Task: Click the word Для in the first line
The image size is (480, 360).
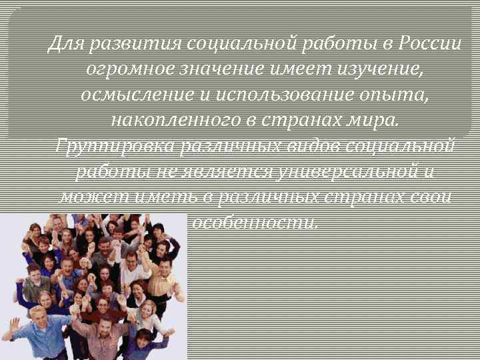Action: tap(65, 44)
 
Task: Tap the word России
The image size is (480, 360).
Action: tap(430, 44)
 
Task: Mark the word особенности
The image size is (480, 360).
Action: tap(255, 222)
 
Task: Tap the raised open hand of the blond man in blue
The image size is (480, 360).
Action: tap(14, 325)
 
